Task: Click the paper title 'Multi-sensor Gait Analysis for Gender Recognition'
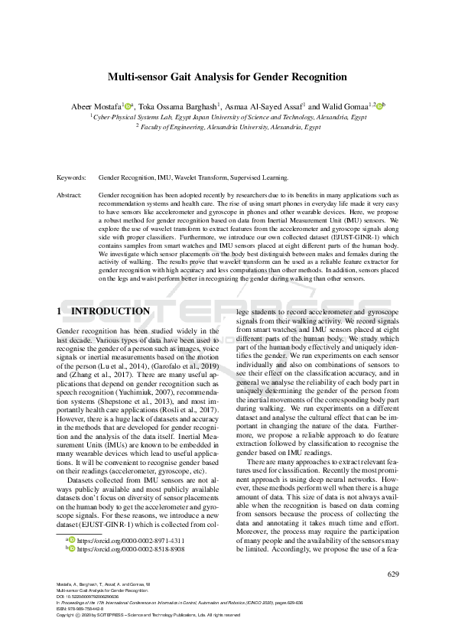227,77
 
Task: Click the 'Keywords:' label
71,177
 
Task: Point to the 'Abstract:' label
70,195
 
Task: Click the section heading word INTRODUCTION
110,312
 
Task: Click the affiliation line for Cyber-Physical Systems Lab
228,119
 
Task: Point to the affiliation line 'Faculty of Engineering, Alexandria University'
228,128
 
